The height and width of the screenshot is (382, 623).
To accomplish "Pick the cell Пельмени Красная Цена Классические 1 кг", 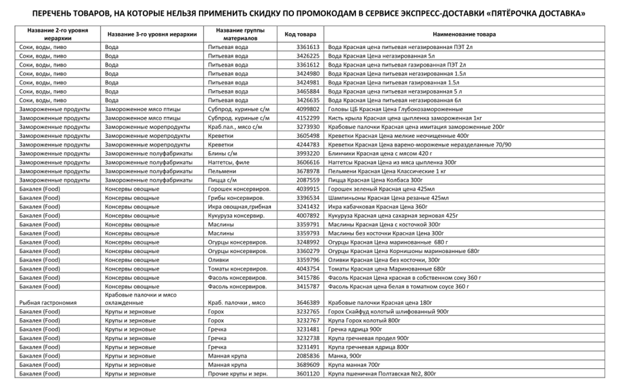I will (387, 171).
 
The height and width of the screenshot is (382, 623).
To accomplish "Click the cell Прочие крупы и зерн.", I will (235, 373).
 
